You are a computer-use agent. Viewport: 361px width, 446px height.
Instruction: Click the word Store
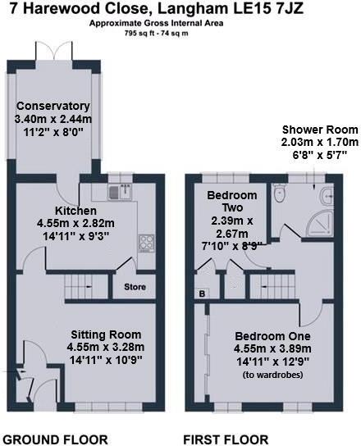(x=135, y=287)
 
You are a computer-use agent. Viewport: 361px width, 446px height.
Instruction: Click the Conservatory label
(x=53, y=106)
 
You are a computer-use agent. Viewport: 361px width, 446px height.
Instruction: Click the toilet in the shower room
(x=280, y=194)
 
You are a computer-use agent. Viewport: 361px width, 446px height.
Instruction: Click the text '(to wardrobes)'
(x=272, y=375)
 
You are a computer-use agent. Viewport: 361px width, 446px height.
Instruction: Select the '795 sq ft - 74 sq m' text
(x=180, y=35)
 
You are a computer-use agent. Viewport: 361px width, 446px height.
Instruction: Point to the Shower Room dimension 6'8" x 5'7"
(x=319, y=153)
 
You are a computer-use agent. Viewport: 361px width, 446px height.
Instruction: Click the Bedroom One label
(x=272, y=337)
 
